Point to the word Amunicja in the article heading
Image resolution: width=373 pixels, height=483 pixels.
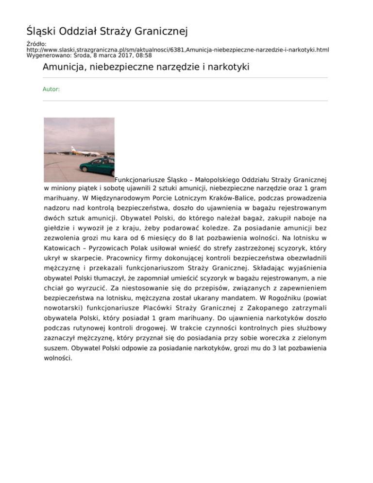coord(63,67)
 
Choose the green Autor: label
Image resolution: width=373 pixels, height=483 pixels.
coord(51,89)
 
